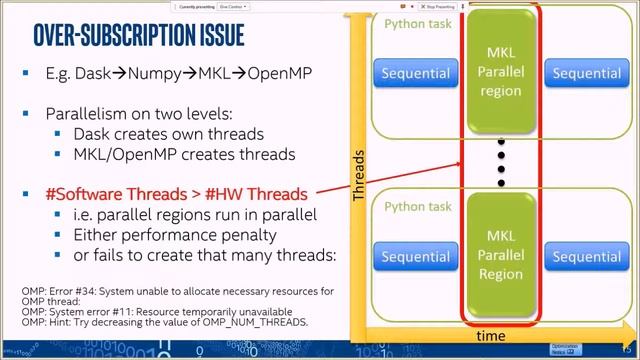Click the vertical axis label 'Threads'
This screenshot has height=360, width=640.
point(359,176)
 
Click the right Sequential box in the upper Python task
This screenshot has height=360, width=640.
point(585,73)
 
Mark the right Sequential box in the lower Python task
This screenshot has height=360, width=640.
point(585,257)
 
